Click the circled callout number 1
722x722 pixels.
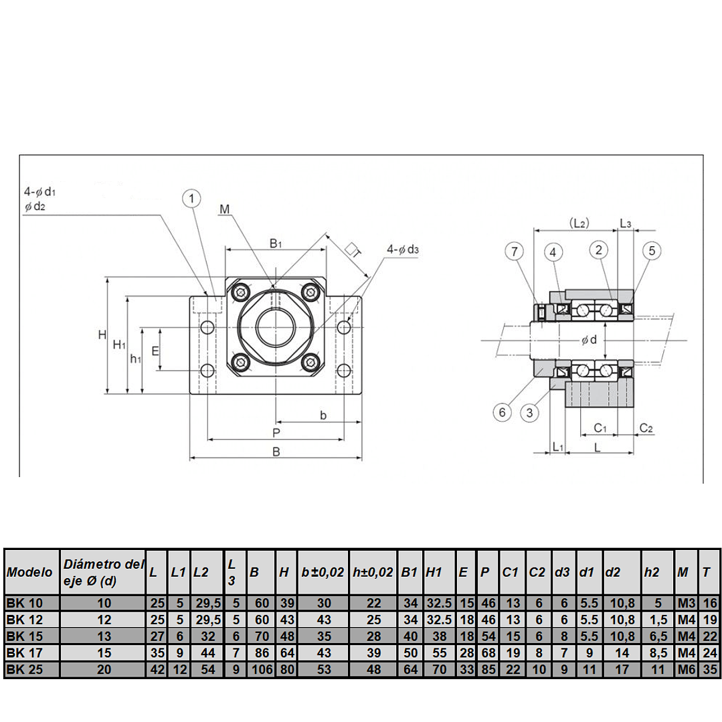(191, 199)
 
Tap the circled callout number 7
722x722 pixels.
(514, 252)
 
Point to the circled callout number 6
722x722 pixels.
(503, 412)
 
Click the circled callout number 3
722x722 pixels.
(529, 412)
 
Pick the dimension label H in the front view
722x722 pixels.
(102, 335)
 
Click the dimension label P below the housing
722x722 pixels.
(276, 433)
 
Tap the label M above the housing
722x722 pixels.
(224, 210)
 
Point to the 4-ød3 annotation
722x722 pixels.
(402, 250)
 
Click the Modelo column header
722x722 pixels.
(30, 572)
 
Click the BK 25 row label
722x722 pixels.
(24, 668)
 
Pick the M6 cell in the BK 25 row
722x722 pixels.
(685, 668)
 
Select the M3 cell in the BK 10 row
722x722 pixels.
(685, 603)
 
